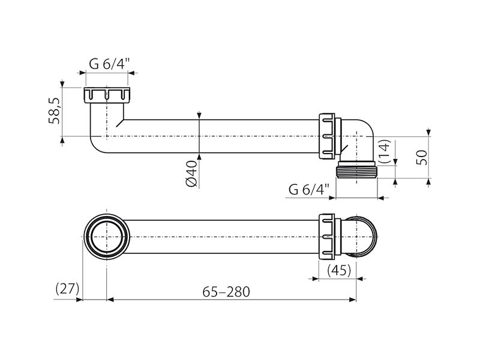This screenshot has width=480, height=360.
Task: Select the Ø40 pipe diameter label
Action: [x=191, y=173]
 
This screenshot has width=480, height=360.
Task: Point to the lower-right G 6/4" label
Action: [x=308, y=190]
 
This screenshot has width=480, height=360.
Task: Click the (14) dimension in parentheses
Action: [x=385, y=151]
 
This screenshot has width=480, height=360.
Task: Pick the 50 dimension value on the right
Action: [x=422, y=157]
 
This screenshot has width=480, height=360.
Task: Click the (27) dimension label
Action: [x=68, y=288]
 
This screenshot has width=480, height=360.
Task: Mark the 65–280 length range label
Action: [x=226, y=292]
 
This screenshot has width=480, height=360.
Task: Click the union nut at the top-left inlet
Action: [x=107, y=95]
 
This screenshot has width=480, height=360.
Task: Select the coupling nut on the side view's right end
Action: [x=327, y=136]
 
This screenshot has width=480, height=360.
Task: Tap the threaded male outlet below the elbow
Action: [x=356, y=170]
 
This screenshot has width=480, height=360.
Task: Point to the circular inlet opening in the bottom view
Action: [x=107, y=236]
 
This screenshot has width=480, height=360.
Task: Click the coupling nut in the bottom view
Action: [x=327, y=236]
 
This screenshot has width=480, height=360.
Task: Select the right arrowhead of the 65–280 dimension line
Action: [x=353, y=299]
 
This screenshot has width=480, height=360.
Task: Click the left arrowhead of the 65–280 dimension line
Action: [x=110, y=299]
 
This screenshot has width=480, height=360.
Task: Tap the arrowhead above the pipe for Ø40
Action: [x=199, y=116]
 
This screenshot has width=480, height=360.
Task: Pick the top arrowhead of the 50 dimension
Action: [x=428, y=132]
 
